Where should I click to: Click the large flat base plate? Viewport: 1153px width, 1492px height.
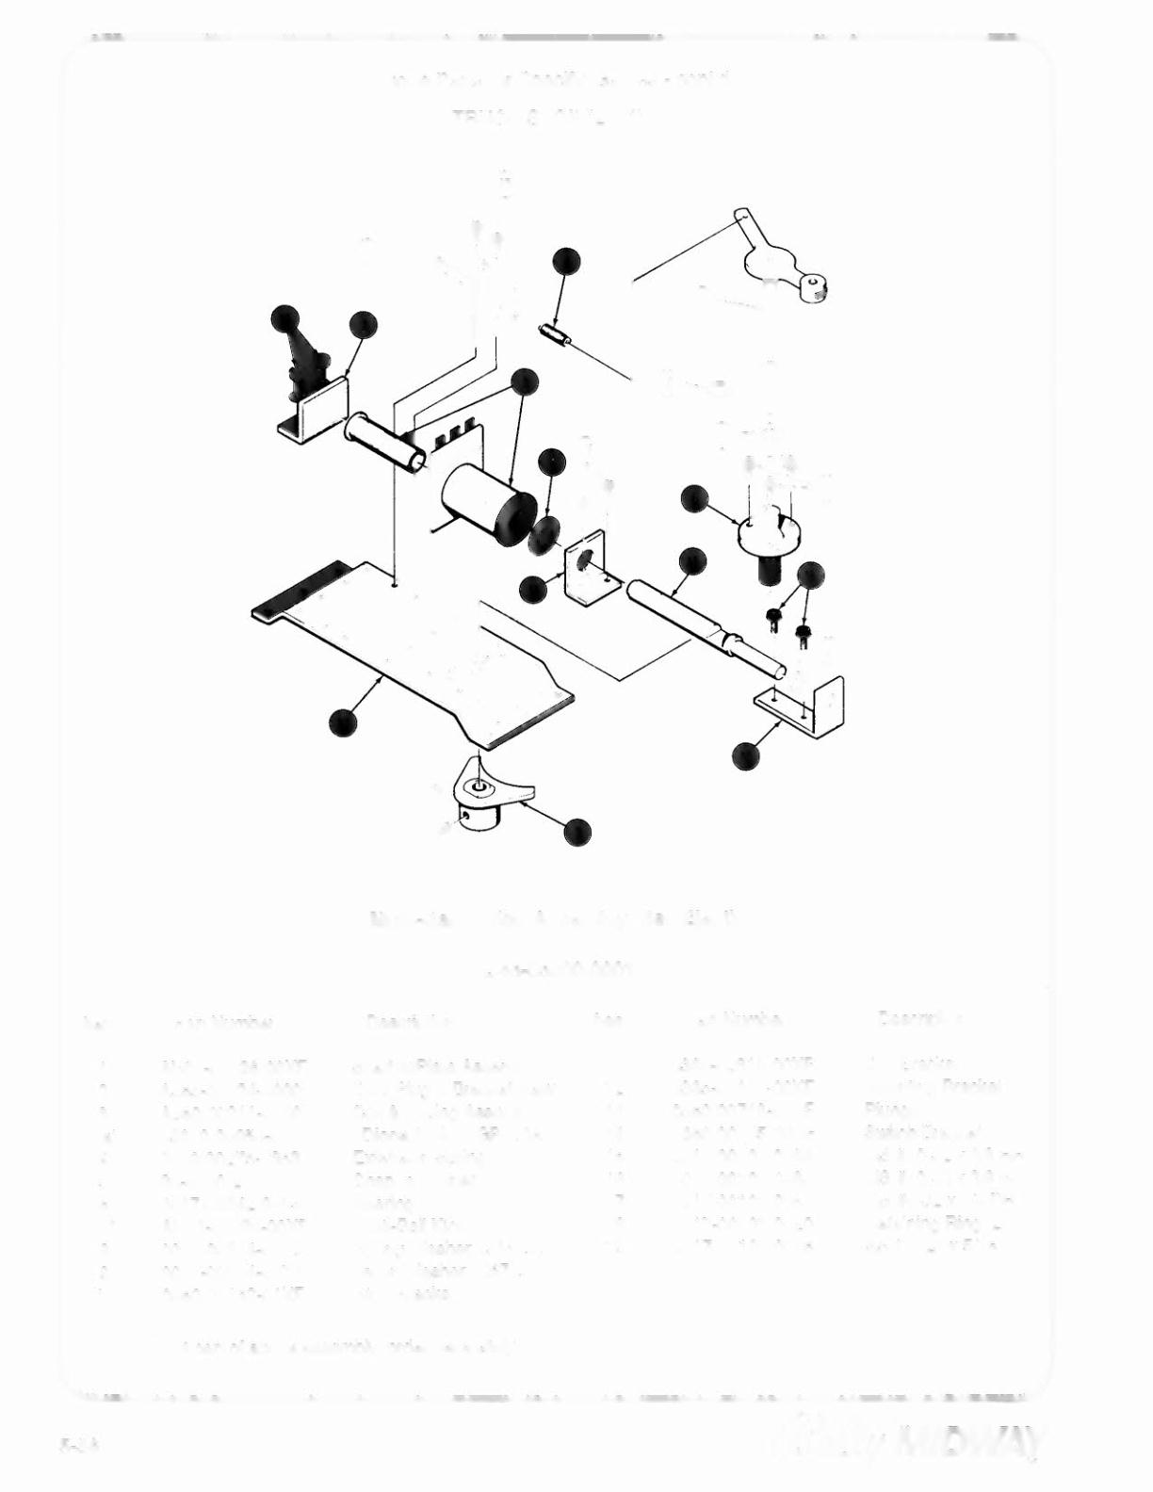pos(414,650)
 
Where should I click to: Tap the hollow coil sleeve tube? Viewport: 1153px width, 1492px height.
pos(383,443)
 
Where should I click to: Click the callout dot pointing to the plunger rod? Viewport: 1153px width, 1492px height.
pos(692,560)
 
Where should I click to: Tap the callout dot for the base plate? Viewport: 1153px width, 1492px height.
pos(343,723)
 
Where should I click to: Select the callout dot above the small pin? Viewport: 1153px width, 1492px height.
pos(566,261)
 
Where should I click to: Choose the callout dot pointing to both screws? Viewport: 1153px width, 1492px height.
pos(810,575)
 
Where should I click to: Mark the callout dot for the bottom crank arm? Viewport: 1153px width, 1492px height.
pos(577,832)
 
